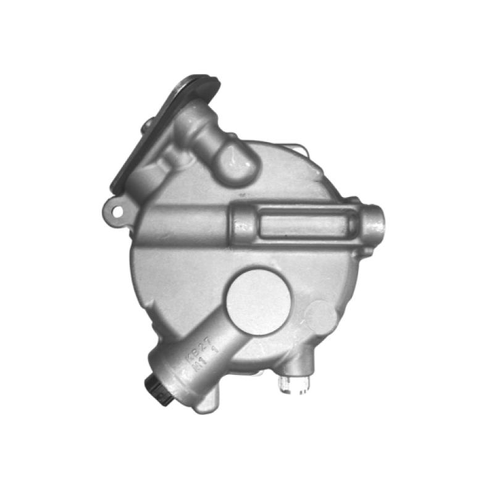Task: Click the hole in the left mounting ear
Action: coord(115,210)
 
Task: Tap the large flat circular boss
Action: coord(258,301)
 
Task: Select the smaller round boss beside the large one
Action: coord(322,314)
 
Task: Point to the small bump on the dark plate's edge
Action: coord(148,124)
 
